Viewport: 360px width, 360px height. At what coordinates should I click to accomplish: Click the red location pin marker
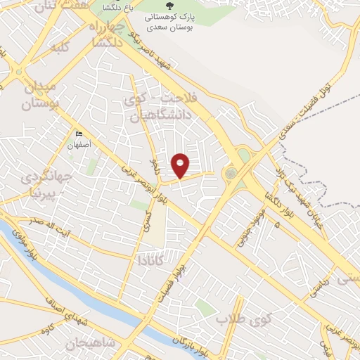181,165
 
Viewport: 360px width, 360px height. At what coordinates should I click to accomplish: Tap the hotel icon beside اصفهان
79,135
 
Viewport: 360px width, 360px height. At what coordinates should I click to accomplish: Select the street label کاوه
47,330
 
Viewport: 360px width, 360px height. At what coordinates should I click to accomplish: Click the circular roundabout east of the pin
231,172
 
